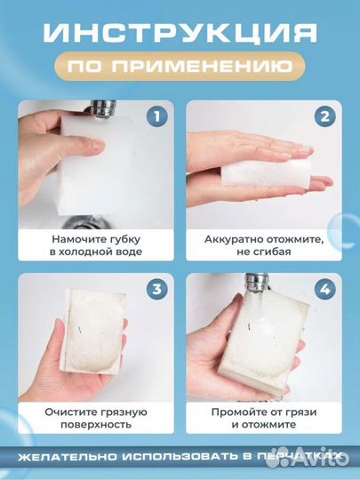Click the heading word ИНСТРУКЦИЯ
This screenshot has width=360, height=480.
[x=180, y=33]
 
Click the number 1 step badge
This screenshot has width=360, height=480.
[x=155, y=116]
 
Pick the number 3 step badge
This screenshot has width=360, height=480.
[x=155, y=288]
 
